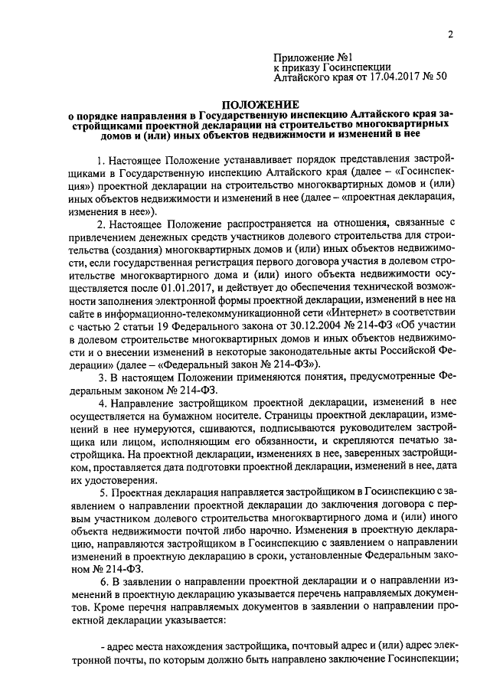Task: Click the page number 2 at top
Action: coord(451,34)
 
